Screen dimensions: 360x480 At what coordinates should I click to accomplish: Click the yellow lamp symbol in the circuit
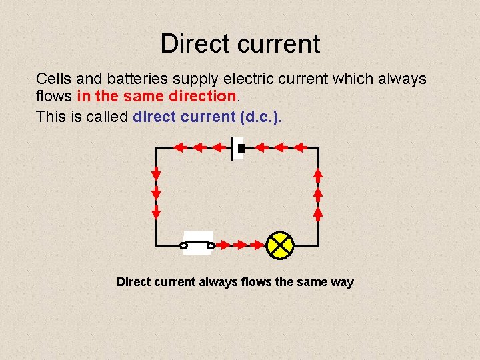280,245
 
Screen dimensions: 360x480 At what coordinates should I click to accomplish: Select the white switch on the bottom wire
197,243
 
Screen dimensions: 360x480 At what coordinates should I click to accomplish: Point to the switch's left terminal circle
184,246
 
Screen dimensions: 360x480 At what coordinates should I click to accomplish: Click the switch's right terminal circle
211,246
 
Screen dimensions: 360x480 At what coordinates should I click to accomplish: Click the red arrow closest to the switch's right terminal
223,245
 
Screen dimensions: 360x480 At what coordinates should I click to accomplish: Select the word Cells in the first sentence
53,79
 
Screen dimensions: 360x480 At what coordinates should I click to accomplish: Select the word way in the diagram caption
342,283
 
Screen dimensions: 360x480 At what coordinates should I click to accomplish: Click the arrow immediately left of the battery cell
217,147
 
